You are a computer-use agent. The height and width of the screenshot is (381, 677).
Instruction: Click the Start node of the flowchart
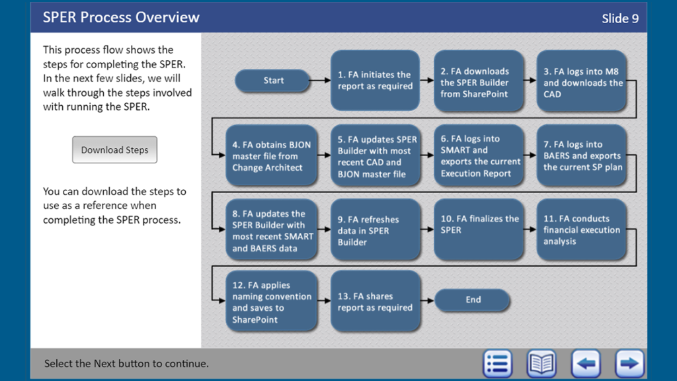pos(272,81)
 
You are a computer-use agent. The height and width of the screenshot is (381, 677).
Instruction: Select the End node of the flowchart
pos(473,300)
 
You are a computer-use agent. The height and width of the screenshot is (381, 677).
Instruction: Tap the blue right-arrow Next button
pos(629,363)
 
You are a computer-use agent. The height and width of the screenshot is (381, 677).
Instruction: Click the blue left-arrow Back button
pos(586,363)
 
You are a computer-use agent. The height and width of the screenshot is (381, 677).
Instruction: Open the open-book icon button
pos(541,363)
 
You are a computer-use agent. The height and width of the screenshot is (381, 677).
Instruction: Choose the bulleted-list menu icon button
pos(497,363)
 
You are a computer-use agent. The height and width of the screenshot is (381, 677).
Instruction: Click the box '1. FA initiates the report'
pos(375,81)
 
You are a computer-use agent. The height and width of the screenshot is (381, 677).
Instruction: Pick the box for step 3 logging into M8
pos(581,83)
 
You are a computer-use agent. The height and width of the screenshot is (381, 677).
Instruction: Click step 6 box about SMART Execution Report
pos(479,156)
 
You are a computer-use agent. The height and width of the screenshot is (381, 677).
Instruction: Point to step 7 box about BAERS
pos(581,156)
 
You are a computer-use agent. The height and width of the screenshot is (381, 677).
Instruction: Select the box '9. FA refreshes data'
pos(375,230)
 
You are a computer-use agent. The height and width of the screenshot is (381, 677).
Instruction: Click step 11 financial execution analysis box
pos(581,230)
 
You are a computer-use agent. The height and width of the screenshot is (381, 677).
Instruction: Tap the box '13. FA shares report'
pos(375,302)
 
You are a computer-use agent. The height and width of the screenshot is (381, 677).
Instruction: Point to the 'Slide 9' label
pos(620,19)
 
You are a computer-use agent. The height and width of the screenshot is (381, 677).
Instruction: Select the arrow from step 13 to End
pos(428,300)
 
